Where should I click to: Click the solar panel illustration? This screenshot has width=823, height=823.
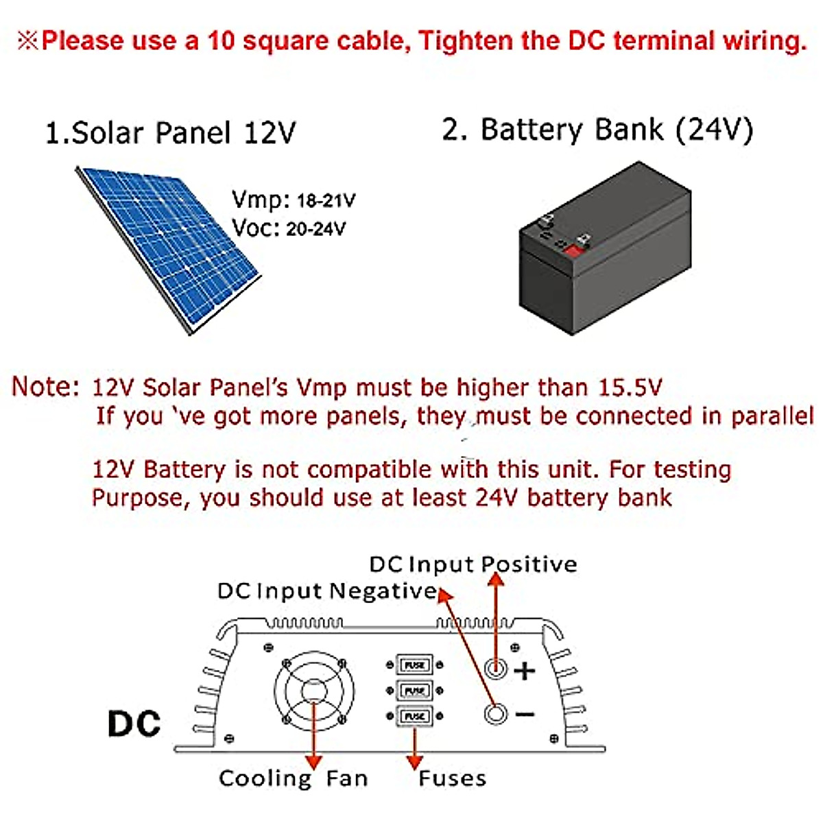[x=168, y=247]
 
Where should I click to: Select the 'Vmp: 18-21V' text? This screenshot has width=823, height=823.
[x=294, y=200]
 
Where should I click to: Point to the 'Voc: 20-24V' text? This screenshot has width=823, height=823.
[x=289, y=228]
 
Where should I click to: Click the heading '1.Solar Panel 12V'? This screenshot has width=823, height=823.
[x=170, y=132]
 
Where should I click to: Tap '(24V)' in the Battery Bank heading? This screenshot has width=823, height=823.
[x=714, y=130]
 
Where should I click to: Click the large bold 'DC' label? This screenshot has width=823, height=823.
[x=134, y=724]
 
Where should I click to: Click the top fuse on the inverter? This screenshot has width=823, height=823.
[x=415, y=665]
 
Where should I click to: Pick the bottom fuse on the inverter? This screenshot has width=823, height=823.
[x=415, y=716]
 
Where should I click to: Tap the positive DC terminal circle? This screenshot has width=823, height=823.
[x=495, y=667]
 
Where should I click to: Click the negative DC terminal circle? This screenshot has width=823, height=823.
[x=495, y=714]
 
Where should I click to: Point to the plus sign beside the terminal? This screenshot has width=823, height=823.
[x=525, y=669]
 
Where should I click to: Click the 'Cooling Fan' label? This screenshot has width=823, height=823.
[x=293, y=778]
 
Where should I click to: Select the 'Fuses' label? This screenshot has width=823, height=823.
[x=452, y=778]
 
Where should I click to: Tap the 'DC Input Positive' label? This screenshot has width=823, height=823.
[x=473, y=564]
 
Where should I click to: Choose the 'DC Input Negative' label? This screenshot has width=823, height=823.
[x=326, y=591]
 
